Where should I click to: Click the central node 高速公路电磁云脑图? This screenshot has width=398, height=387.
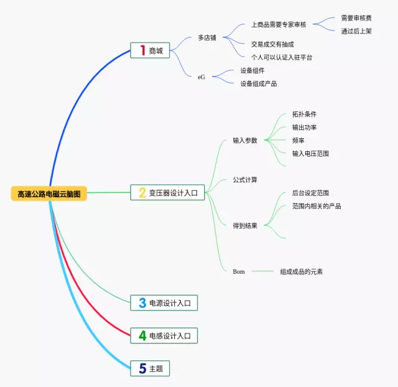coord(49,193)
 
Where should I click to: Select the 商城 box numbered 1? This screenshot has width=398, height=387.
coord(150,50)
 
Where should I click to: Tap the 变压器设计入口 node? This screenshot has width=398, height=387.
coord(167,193)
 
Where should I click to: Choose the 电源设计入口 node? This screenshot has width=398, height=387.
coord(164,303)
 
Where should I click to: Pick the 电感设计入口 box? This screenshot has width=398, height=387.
coord(164,336)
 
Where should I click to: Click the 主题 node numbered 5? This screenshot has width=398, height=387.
coord(150,368)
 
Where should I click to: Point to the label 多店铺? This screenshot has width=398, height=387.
coord(207,37)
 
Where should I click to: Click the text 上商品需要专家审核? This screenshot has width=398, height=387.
coord(279,25)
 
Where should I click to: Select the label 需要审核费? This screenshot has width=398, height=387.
coord(356,18)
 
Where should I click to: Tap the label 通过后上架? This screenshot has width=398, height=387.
coord(356,31)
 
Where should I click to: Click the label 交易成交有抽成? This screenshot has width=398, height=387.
coord(272,44)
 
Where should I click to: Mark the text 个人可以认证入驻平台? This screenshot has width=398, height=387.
coord(282,57)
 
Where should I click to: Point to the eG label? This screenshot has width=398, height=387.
coord(201,77)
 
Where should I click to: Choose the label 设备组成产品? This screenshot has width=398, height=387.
coord(259,83)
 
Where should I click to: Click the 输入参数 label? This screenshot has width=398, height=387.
coord(245,140)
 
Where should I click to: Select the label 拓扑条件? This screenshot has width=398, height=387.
coord(304,114)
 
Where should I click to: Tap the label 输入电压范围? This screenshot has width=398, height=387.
coord(310,153)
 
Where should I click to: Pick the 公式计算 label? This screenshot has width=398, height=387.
coord(245,180)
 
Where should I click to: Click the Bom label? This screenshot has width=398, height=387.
coord(239,271)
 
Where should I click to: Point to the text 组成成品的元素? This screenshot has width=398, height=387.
coord(301,271)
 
